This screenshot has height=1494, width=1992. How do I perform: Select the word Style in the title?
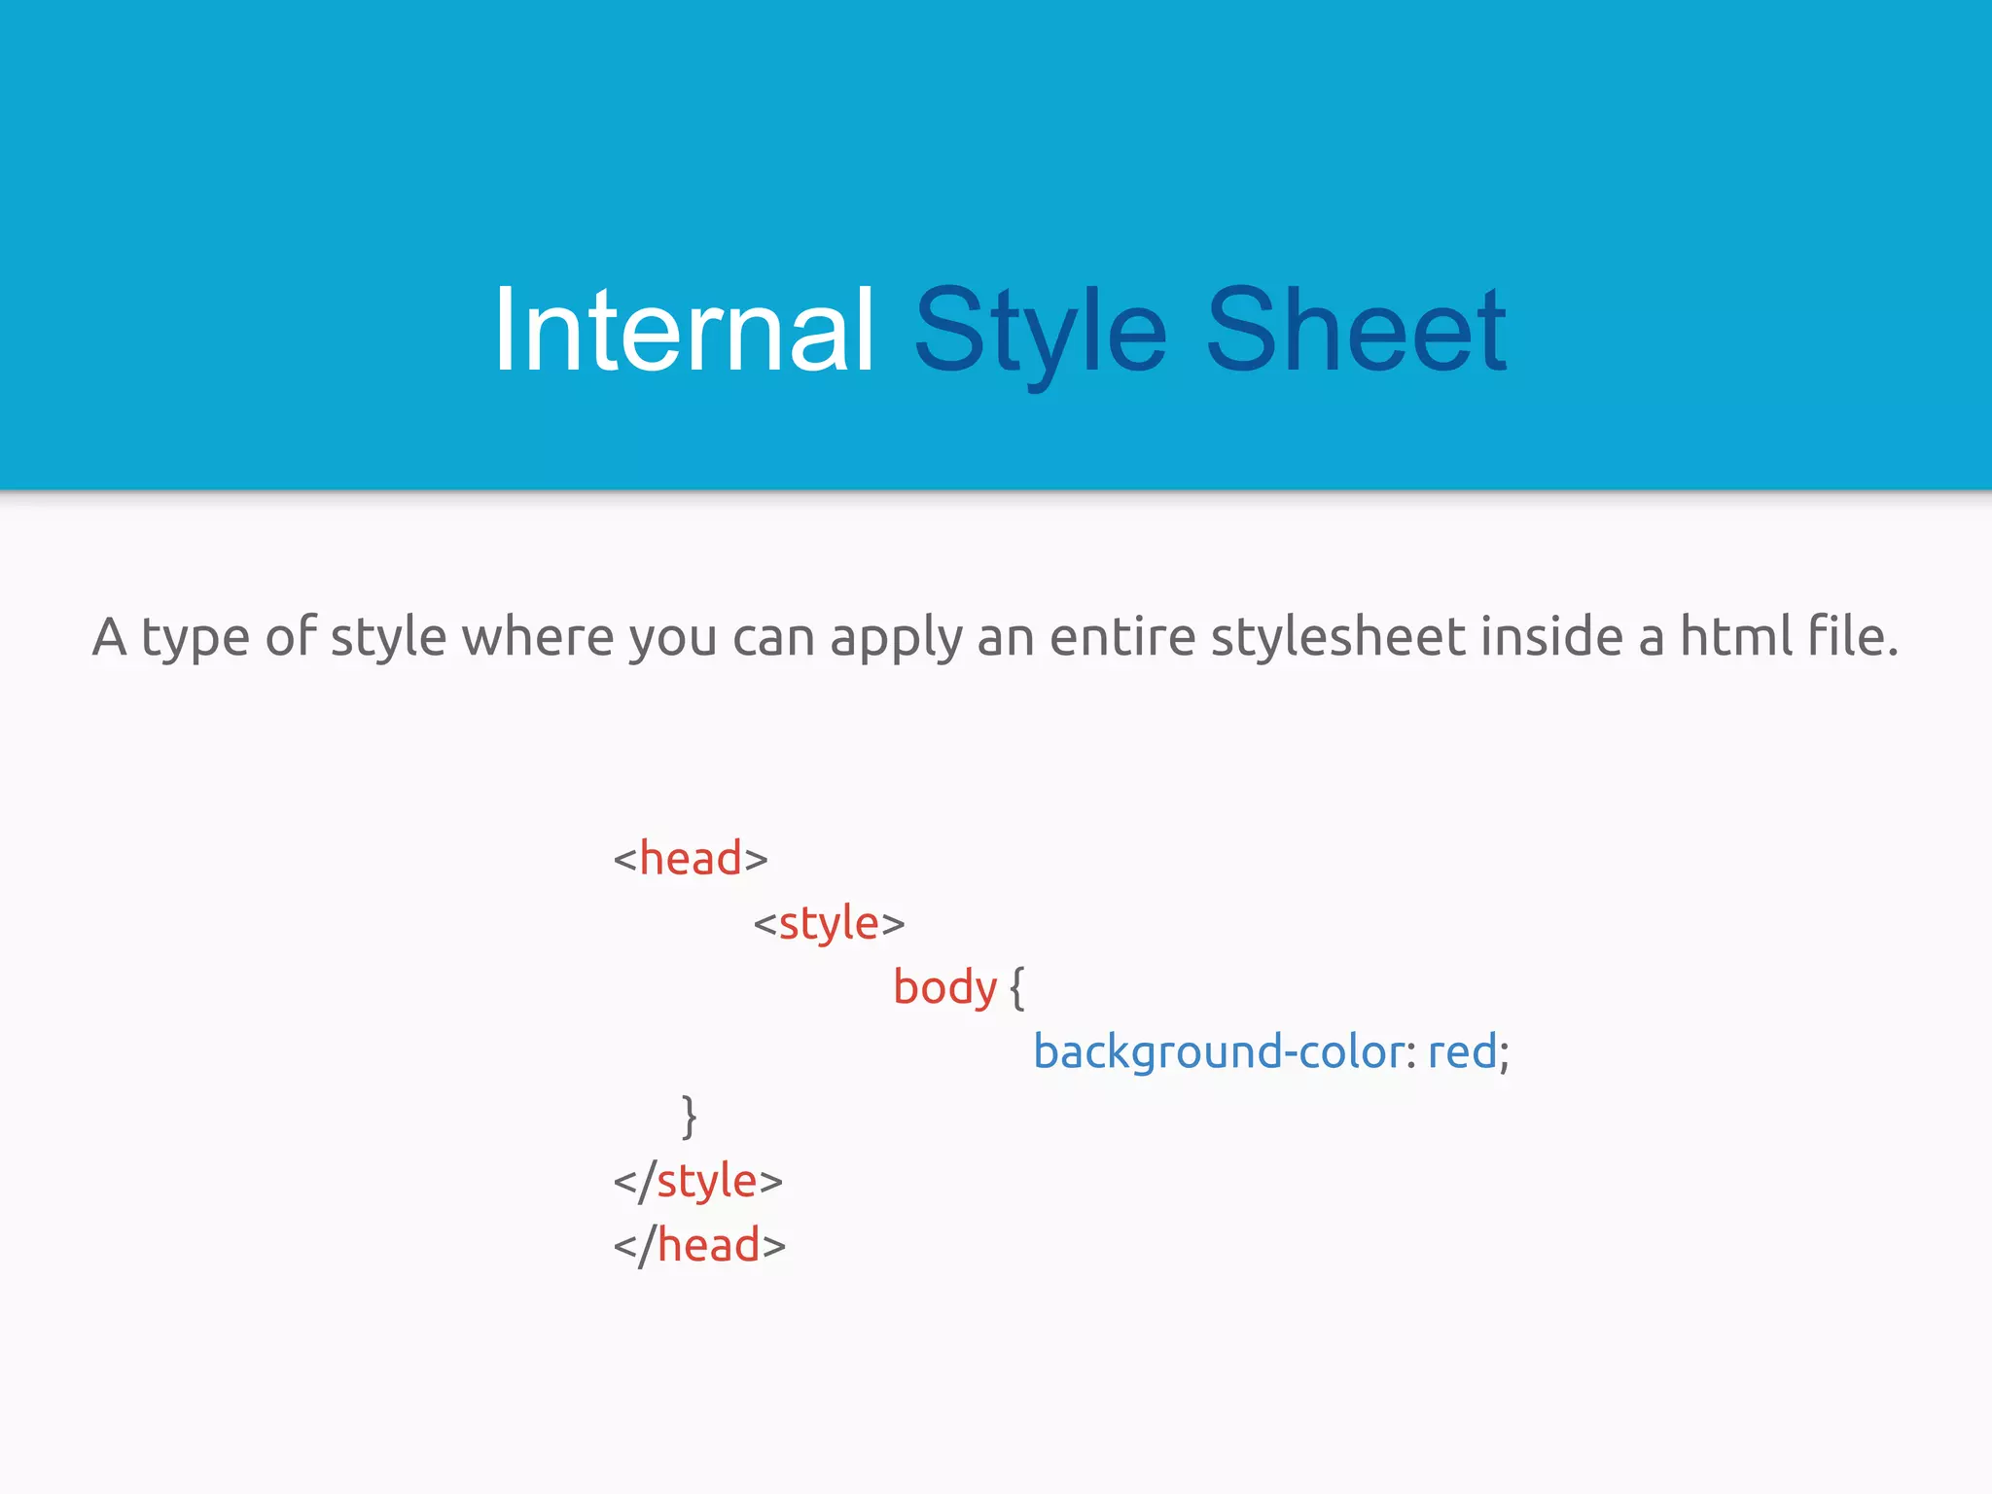point(1040,331)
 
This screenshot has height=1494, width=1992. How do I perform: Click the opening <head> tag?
point(691,859)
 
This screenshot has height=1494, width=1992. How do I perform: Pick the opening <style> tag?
point(829,923)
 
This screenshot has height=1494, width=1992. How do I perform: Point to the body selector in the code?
point(944,988)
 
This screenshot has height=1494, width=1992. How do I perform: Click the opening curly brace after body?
point(1016,988)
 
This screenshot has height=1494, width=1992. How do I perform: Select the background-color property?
point(1218,1052)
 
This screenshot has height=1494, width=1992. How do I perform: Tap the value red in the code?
point(1461,1052)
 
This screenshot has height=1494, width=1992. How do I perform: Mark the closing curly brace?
point(689,1117)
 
